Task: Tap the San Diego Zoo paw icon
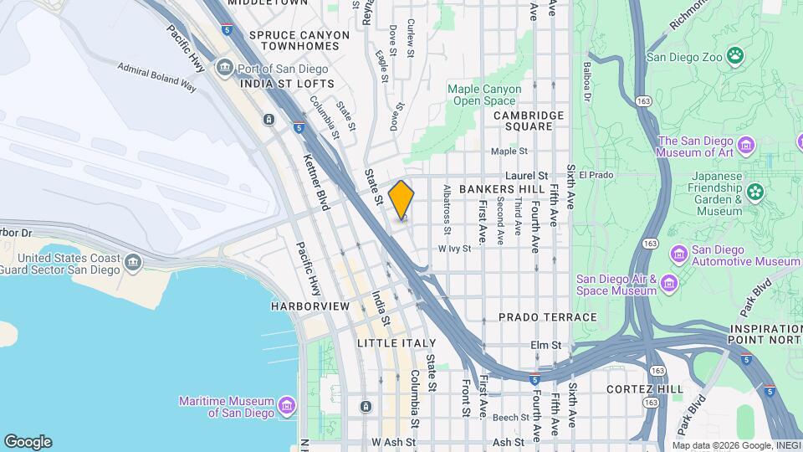(734, 56)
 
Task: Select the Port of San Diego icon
(224, 67)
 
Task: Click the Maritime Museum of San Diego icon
(287, 406)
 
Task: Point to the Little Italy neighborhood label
(396, 343)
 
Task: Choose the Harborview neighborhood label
(309, 306)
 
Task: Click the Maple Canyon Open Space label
(484, 95)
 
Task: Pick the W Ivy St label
(456, 249)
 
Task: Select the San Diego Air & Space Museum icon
(668, 285)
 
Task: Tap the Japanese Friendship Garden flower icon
(756, 193)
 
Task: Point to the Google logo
(28, 442)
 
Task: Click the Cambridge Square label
(523, 121)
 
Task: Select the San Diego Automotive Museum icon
(678, 253)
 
